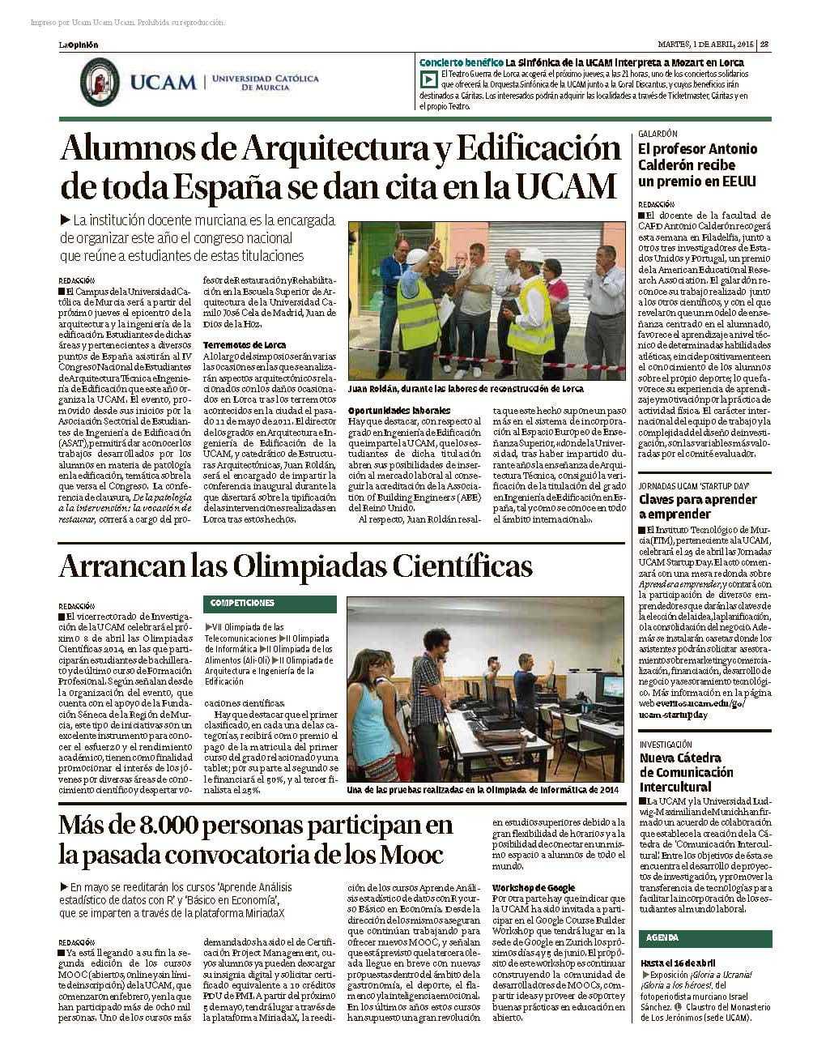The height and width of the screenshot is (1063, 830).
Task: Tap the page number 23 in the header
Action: (764, 45)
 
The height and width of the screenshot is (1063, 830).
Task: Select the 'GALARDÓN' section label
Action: (658, 133)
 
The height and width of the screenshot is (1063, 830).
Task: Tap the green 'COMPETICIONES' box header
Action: (244, 603)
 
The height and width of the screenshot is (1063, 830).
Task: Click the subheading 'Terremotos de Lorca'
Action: (234, 345)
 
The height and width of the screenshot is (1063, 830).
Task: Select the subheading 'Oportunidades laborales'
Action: (388, 411)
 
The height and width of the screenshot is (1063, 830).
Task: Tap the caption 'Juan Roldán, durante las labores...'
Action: (466, 389)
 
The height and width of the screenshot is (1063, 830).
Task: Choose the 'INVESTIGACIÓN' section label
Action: (666, 744)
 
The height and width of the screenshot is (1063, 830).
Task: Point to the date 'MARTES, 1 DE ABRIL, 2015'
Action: (704, 45)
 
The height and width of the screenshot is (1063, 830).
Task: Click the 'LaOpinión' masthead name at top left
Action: (78, 45)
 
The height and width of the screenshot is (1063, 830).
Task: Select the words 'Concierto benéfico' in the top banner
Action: (460, 62)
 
